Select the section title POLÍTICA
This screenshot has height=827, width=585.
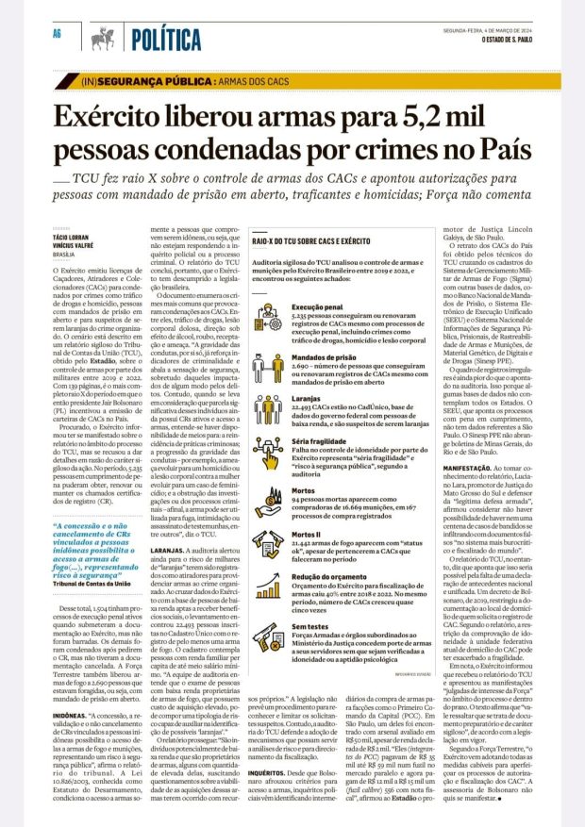(x=166, y=39)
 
